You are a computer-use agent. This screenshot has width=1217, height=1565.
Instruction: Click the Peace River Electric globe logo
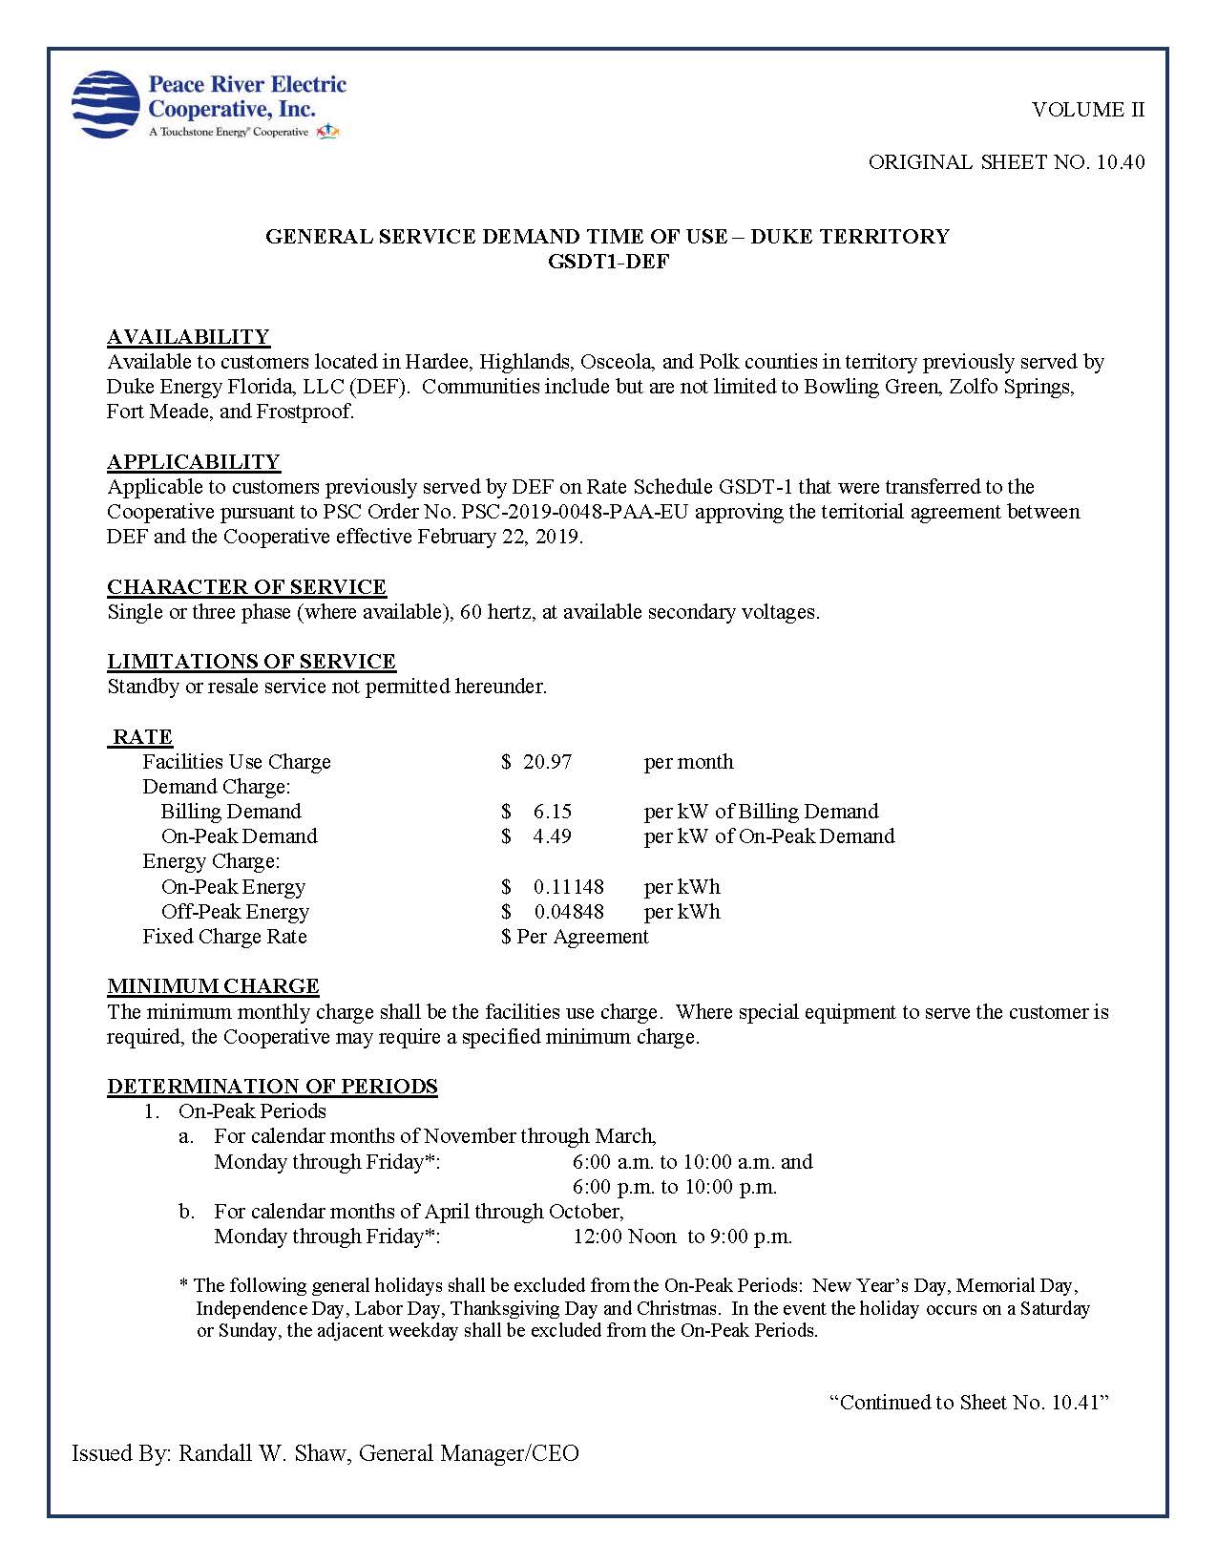(106, 104)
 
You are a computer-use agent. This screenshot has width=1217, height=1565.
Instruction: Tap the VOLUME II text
(1087, 110)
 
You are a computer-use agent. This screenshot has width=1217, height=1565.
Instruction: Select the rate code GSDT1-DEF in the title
(608, 262)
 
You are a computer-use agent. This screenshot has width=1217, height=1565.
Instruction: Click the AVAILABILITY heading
(188, 337)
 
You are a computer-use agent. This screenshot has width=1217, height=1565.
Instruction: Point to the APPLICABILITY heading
(194, 462)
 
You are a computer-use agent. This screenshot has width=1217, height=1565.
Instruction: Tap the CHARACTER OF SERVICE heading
(246, 587)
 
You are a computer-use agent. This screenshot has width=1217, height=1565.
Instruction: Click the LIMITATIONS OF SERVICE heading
(251, 662)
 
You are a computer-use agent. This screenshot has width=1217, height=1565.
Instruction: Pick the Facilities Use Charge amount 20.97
(547, 762)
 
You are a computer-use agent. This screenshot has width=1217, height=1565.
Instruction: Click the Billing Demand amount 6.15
(552, 812)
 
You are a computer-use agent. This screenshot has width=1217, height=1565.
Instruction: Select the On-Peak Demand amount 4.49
(552, 836)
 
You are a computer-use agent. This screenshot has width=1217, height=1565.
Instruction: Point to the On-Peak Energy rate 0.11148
(568, 887)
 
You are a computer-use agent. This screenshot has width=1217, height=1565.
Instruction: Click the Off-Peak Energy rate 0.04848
(568, 912)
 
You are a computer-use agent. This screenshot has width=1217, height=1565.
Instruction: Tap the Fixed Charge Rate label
(224, 937)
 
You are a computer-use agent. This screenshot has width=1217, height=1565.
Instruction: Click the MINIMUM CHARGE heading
(213, 986)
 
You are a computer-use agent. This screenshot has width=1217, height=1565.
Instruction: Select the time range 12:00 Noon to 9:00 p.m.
(682, 1237)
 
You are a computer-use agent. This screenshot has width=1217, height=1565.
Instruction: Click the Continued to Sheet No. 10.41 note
(968, 1403)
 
